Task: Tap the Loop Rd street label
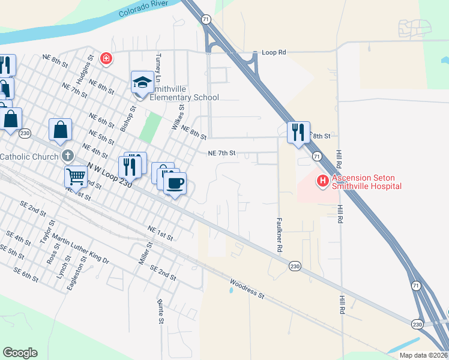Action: click(x=274, y=53)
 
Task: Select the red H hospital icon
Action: click(x=322, y=179)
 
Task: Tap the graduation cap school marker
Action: click(x=143, y=83)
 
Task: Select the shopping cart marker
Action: click(x=76, y=176)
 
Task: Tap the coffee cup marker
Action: click(x=175, y=183)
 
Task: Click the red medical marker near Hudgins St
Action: click(x=106, y=58)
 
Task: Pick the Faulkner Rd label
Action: click(x=279, y=234)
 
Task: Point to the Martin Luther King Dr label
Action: click(x=80, y=250)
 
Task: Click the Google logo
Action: click(x=20, y=353)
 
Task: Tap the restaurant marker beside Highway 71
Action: click(x=298, y=132)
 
